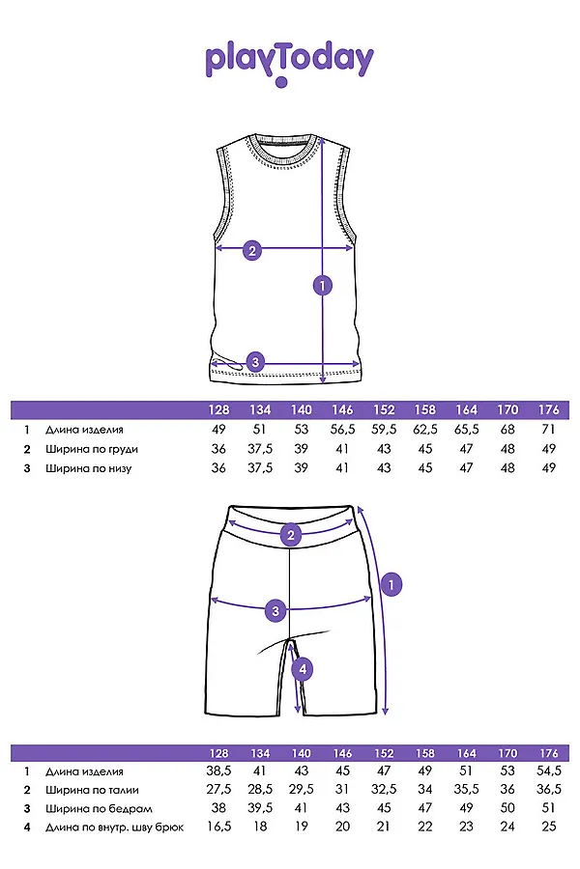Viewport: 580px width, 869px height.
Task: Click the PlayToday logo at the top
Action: [289, 62]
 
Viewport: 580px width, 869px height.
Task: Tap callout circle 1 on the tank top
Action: [323, 285]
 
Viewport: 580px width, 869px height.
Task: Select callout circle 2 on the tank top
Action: [251, 250]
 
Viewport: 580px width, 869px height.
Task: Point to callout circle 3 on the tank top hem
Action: [254, 362]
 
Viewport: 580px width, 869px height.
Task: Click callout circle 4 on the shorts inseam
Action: [302, 668]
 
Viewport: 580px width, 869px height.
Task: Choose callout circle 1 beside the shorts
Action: [391, 583]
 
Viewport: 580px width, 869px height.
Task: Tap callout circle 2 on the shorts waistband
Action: [291, 534]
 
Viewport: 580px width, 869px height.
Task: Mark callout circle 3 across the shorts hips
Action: [275, 610]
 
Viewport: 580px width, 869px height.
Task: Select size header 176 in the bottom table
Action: [549, 752]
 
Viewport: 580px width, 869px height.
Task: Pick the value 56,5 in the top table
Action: [343, 430]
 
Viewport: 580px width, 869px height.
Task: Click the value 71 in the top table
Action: [549, 430]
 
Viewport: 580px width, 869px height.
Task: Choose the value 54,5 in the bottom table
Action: [549, 771]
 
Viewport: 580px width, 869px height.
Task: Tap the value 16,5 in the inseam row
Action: [218, 827]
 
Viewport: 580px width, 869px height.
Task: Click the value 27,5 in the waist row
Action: [218, 790]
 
